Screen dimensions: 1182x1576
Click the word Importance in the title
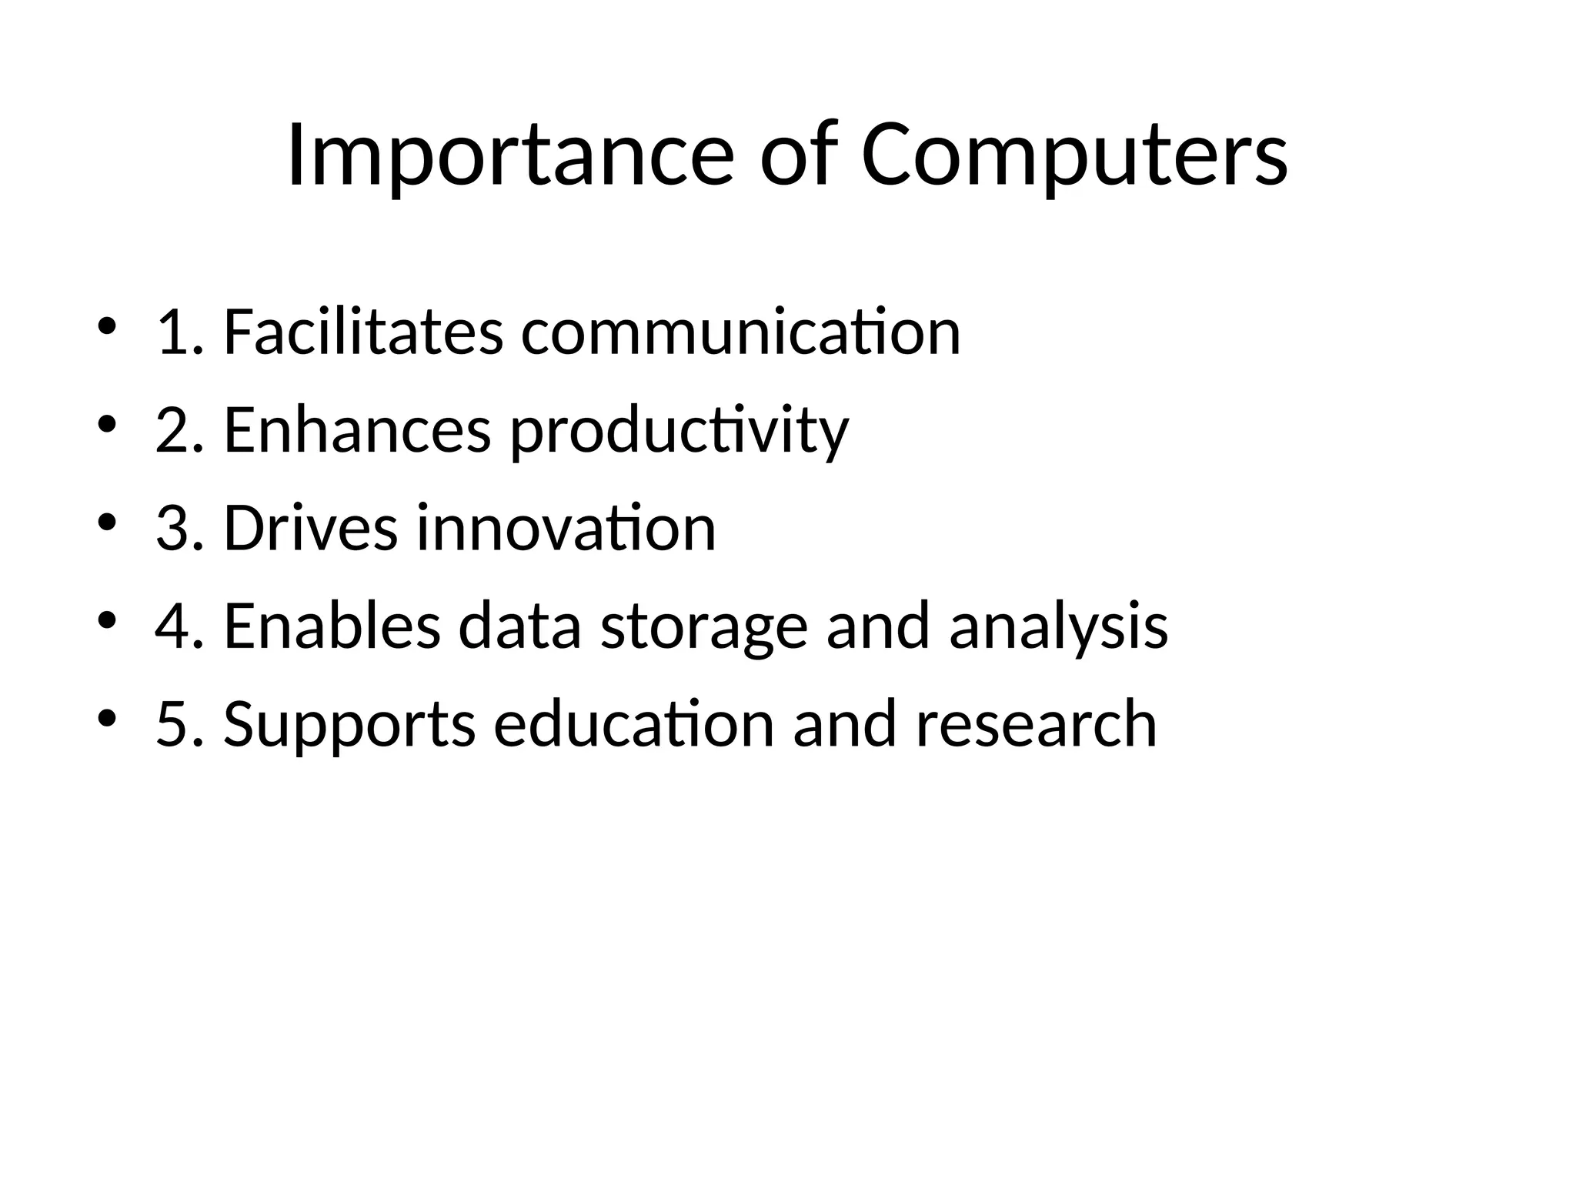coord(510,156)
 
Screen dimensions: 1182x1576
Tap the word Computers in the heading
coord(1074,156)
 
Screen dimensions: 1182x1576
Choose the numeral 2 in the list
coord(172,430)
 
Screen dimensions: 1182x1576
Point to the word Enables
coord(332,626)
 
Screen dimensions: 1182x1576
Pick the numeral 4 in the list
coord(172,626)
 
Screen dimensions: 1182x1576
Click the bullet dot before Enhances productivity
coord(107,424)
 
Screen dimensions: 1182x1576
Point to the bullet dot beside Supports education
coord(107,717)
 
